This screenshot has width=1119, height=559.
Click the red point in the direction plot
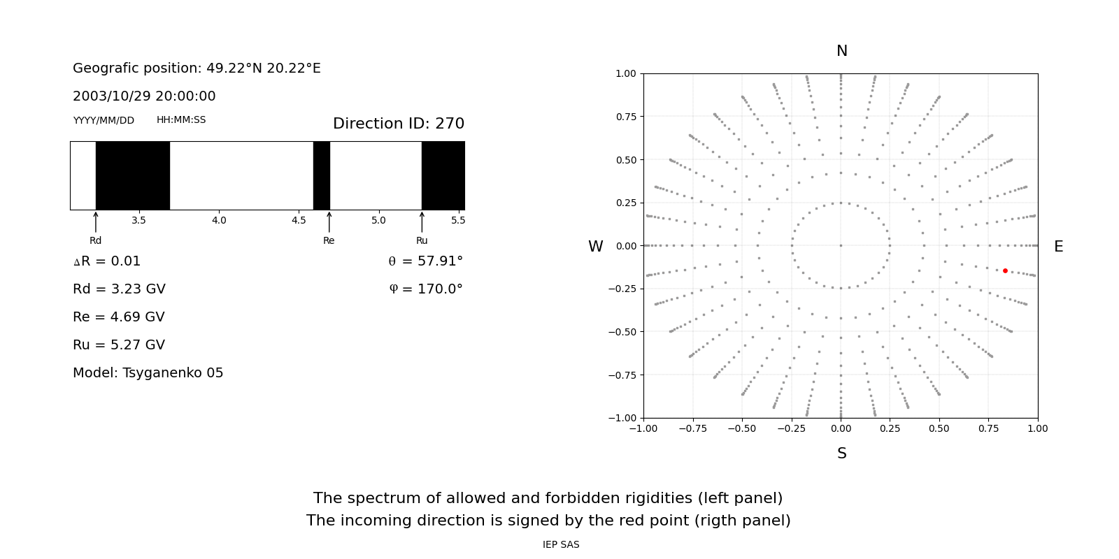point(1005,270)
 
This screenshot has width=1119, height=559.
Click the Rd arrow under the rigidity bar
point(96,222)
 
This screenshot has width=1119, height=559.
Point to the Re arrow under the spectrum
point(329,222)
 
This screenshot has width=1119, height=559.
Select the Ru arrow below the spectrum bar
point(422,222)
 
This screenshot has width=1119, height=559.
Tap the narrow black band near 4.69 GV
point(322,175)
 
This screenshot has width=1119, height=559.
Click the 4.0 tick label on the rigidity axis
point(219,220)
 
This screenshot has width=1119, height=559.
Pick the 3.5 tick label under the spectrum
point(138,220)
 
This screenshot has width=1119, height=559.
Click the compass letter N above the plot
point(842,51)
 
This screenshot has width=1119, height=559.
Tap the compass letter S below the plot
point(842,453)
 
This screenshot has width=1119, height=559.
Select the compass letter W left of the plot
point(595,247)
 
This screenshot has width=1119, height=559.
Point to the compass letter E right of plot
point(1059,247)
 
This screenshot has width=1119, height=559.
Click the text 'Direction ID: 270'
point(399,123)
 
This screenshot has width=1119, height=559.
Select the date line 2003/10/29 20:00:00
point(144,96)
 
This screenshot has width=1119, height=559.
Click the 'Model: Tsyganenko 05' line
point(148,373)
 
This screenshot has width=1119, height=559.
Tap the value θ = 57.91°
point(426,261)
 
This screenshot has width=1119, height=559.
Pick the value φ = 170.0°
point(426,289)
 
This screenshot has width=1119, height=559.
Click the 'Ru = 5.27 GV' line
point(119,345)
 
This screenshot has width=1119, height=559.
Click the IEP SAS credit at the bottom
point(561,544)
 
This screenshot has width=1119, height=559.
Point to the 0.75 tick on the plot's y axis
point(626,117)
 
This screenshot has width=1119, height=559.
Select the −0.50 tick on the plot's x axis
point(742,428)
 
